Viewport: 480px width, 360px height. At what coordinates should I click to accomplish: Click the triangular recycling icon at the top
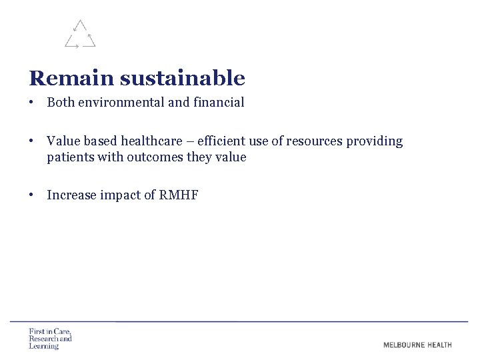80,35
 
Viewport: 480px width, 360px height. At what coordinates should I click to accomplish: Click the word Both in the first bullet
61,103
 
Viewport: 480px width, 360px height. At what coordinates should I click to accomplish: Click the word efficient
221,141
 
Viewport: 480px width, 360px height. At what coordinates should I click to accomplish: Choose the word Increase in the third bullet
71,195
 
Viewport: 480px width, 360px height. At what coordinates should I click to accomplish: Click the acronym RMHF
179,195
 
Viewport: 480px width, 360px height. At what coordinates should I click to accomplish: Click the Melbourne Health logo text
417,345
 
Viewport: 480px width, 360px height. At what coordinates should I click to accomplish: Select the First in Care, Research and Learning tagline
50,339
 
